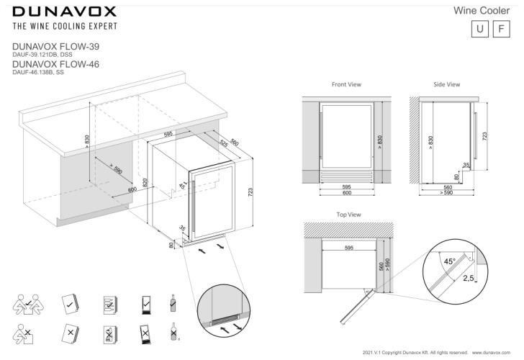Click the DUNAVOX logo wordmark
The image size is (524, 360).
(x=65, y=12)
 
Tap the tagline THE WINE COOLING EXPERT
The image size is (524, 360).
(x=65, y=27)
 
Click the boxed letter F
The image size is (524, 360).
(x=501, y=30)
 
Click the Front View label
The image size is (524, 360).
(x=346, y=84)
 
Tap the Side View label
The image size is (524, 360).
(x=446, y=84)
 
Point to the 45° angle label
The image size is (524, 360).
(x=449, y=261)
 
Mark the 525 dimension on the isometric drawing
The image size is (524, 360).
(x=224, y=143)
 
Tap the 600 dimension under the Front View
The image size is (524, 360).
(x=346, y=193)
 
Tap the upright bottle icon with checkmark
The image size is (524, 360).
(x=172, y=302)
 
